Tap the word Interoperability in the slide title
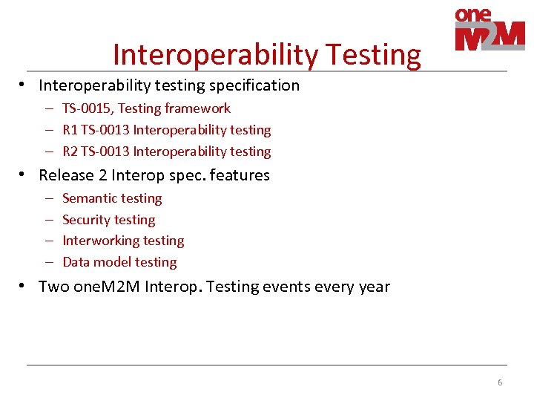pos(215,55)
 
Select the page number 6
pos(500,382)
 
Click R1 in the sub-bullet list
pos(70,130)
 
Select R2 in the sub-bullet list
pos(70,151)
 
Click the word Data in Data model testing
pos(76,262)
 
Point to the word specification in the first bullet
pos(257,85)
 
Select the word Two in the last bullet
pos(53,287)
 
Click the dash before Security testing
pos(48,220)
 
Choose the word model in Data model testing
pos(111,262)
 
